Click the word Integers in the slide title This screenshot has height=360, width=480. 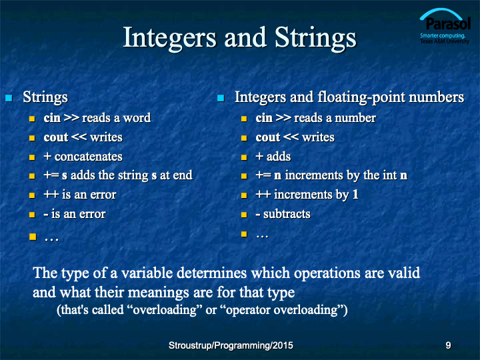(x=169, y=38)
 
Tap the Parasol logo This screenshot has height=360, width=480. (x=445, y=26)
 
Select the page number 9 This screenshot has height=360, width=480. (x=448, y=345)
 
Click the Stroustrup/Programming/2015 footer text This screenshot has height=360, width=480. (x=231, y=345)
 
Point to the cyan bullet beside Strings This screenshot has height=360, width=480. (x=9, y=98)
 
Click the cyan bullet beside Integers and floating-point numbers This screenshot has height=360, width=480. (x=221, y=98)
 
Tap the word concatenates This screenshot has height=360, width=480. (x=89, y=157)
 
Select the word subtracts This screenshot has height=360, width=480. (x=287, y=214)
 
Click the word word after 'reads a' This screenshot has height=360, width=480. (x=137, y=118)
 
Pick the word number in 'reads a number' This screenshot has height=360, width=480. (x=355, y=118)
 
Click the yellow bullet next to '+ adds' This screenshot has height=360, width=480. (x=244, y=157)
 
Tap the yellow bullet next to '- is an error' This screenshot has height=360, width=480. (x=32, y=215)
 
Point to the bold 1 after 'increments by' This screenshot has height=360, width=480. (x=355, y=195)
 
